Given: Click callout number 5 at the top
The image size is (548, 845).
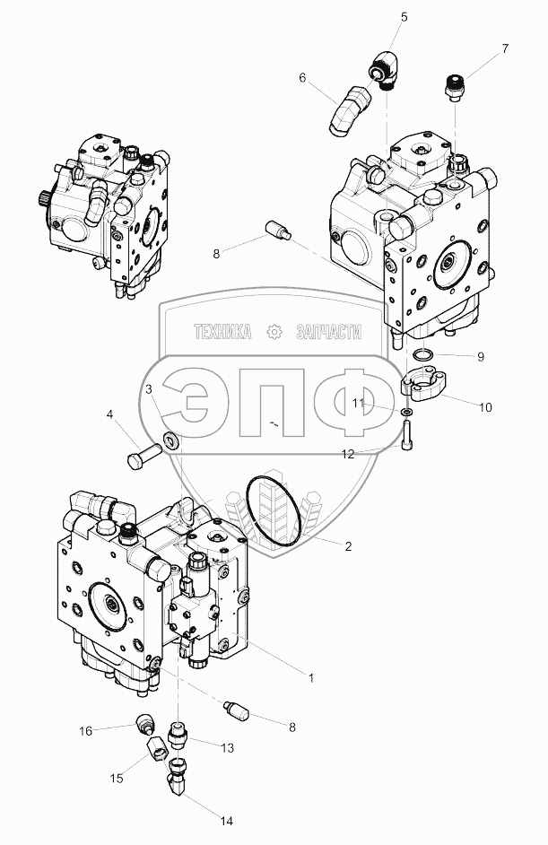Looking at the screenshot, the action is [x=404, y=17].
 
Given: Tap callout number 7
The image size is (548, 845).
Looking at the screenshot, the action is [x=505, y=48].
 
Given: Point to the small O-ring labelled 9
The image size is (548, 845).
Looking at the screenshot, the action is [x=422, y=354].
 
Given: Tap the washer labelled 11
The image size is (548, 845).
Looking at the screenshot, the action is [x=408, y=413].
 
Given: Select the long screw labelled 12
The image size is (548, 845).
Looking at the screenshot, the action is [x=407, y=435].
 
